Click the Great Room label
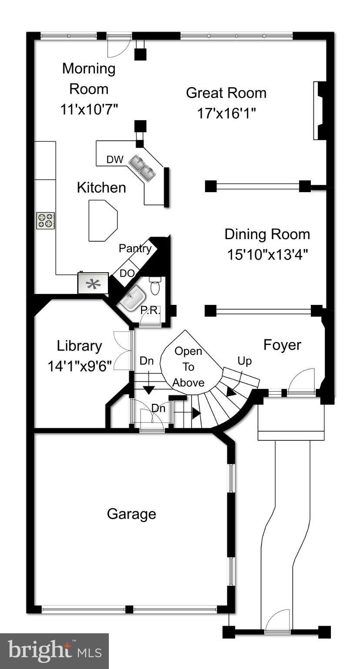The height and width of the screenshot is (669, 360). point(226,93)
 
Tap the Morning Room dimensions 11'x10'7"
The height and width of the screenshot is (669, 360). point(89,109)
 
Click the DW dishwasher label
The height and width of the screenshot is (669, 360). point(115,159)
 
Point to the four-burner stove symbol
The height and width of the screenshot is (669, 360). point(45,220)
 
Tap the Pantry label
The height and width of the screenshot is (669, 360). point(135,248)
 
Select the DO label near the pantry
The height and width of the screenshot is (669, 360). point(127,273)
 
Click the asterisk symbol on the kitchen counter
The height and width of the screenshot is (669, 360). point(93,284)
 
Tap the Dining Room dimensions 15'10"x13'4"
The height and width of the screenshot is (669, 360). point(267,254)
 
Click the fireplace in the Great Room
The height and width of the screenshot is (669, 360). point(320,111)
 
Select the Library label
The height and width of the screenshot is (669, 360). point(79,346)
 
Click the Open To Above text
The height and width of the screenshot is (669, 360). point(188,367)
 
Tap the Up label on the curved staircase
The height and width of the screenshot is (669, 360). point(244,361)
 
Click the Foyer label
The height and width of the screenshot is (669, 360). point(282,345)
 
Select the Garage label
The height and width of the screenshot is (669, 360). point(131,514)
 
